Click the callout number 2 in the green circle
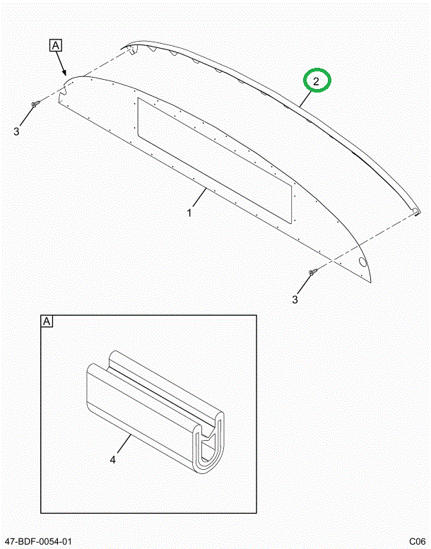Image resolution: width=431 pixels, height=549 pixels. tap(317, 82)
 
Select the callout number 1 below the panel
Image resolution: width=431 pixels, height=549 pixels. tap(189, 212)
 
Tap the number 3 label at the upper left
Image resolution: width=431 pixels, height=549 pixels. tap(17, 131)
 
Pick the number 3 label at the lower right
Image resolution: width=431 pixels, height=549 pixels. tap(295, 300)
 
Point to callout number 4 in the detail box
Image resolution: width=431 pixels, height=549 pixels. tap(113, 460)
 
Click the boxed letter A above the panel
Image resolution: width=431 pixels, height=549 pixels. tap(56, 46)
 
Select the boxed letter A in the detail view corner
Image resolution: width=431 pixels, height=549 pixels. tap(47, 322)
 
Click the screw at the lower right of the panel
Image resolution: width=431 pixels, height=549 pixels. tap(312, 272)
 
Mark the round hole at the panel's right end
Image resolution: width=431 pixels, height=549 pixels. tap(363, 262)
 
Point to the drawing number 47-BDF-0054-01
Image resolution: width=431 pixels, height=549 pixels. tap(38, 541)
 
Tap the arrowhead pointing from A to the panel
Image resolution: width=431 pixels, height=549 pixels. tap(66, 73)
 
